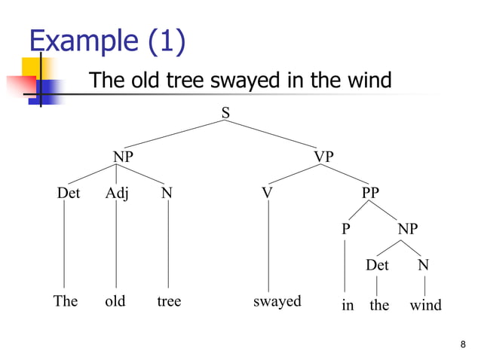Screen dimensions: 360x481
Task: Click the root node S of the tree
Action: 225,113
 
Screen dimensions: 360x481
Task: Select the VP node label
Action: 323,157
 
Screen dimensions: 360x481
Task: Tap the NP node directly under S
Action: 124,157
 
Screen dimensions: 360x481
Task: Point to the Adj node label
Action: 117,194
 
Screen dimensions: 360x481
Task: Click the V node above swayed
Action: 266,194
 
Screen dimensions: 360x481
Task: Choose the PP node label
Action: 370,194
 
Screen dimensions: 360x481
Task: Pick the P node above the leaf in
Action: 345,229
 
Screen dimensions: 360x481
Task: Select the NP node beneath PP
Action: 408,229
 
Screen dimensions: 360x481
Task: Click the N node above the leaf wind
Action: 424,265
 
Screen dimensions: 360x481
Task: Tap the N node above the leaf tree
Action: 167,194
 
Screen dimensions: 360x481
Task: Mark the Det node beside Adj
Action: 69,194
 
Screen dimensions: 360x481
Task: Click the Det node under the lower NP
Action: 377,265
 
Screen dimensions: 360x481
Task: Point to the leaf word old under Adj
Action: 115,302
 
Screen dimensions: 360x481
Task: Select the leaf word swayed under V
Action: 277,302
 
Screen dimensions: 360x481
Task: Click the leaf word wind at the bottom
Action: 425,306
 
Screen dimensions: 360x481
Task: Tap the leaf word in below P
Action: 348,306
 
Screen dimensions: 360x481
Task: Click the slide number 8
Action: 462,345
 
